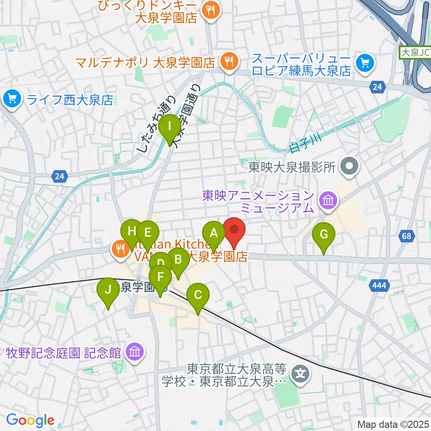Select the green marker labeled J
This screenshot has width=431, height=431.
(x=108, y=290)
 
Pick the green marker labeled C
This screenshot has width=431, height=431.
(x=198, y=296)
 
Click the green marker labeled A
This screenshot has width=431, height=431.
(x=214, y=233)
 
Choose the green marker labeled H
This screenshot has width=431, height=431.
(x=132, y=232)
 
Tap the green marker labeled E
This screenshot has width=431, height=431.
(x=148, y=233)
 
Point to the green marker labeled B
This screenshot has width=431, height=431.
(x=178, y=259)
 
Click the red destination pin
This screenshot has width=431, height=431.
(x=234, y=230)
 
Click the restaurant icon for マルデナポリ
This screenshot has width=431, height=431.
(x=229, y=62)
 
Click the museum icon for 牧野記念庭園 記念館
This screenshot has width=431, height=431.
(x=135, y=352)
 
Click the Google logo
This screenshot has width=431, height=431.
(x=30, y=420)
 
